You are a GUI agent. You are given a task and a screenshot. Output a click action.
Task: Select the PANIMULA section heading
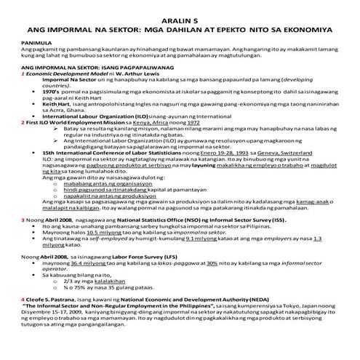click(19, 43)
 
